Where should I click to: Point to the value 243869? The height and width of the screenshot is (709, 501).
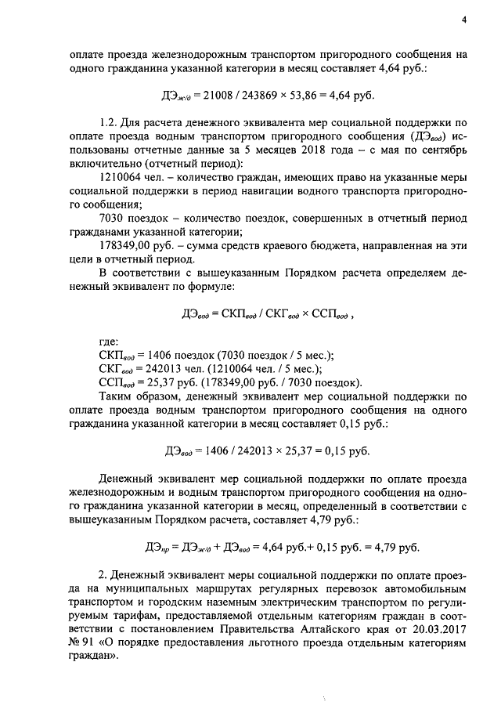261,96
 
